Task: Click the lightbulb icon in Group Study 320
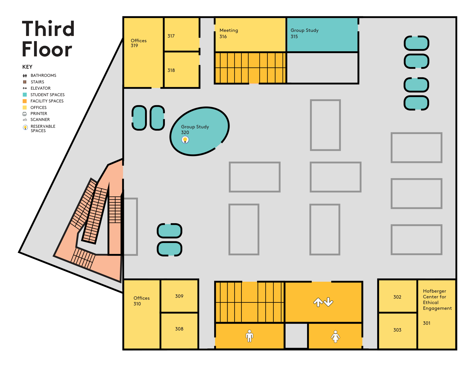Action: click(185, 140)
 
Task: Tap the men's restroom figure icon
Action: click(249, 336)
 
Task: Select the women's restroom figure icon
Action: click(335, 336)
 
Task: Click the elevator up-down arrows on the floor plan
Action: click(323, 302)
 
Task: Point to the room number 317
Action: click(171, 36)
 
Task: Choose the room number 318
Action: click(171, 70)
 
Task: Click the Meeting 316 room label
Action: click(229, 33)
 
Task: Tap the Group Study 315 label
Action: click(304, 33)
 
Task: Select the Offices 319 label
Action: click(138, 43)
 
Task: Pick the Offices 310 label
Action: click(141, 301)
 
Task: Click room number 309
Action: click(179, 296)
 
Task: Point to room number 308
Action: click(179, 329)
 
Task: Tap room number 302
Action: click(397, 297)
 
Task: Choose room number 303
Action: click(397, 330)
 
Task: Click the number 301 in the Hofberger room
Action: click(426, 323)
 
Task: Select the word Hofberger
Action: click(434, 291)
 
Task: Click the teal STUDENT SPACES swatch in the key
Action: click(25, 95)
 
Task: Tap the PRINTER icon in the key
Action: click(25, 114)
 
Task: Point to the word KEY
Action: click(27, 67)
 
